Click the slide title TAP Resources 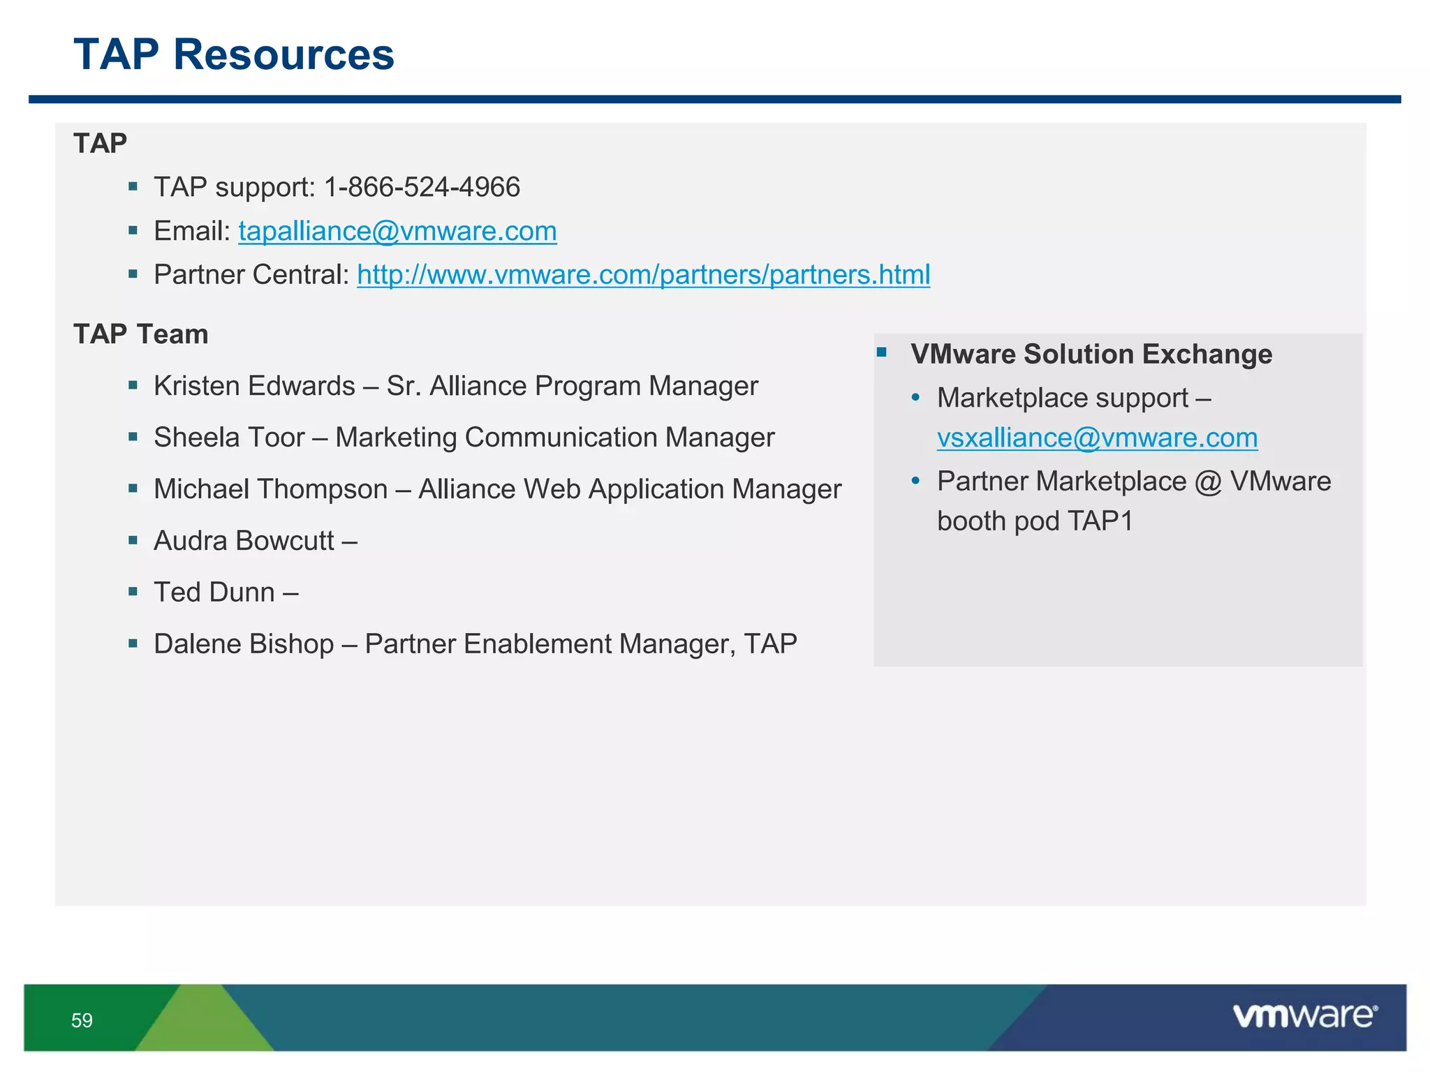click(x=234, y=54)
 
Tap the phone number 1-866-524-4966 click(x=422, y=187)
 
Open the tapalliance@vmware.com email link click(x=397, y=231)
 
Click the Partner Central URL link click(x=643, y=275)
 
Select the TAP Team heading click(x=141, y=334)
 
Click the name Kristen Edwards click(x=254, y=386)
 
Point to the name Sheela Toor click(x=229, y=438)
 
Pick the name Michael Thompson click(x=270, y=489)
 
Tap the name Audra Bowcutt click(x=244, y=541)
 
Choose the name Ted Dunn click(x=214, y=593)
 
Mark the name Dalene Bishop click(x=244, y=644)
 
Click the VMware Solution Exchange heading click(x=1091, y=355)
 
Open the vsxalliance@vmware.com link click(x=1097, y=438)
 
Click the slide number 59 click(x=82, y=1020)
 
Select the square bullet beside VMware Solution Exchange click(x=882, y=352)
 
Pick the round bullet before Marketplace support click(x=916, y=399)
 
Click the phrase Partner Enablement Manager click(x=550, y=644)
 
